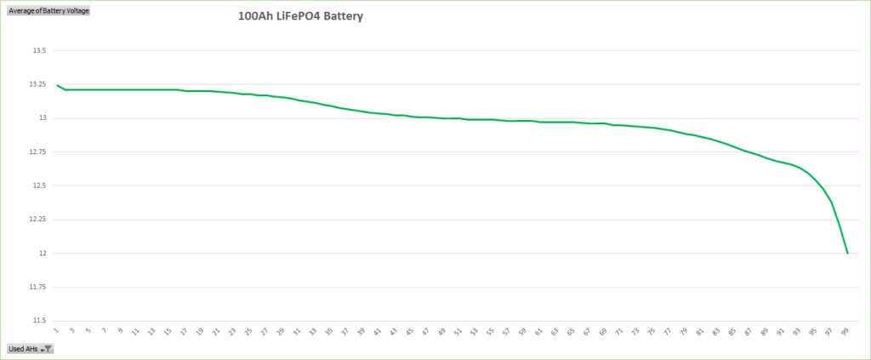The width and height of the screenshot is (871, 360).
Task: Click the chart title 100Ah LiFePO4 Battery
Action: (300, 16)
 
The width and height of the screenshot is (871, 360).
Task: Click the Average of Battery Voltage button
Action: (48, 10)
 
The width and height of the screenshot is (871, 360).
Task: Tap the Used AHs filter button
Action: (31, 349)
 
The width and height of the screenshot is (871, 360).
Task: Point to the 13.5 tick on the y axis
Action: (38, 50)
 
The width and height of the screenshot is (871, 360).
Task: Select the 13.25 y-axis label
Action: (37, 84)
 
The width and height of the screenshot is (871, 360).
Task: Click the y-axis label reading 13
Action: (42, 118)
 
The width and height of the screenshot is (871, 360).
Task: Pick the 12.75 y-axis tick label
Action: (37, 151)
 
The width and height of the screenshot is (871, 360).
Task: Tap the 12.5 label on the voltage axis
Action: (38, 186)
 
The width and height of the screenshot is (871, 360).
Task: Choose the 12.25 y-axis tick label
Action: (37, 220)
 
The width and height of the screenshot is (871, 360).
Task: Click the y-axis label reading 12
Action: (42, 254)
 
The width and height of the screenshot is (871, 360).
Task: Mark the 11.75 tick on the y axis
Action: (37, 287)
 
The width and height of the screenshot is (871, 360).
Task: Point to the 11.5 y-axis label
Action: (38, 321)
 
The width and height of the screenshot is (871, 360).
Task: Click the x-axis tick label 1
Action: (57, 330)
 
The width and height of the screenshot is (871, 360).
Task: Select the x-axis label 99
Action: (845, 330)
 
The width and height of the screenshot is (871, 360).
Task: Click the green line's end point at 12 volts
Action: (847, 253)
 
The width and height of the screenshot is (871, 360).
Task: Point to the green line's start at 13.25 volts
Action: (57, 85)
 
